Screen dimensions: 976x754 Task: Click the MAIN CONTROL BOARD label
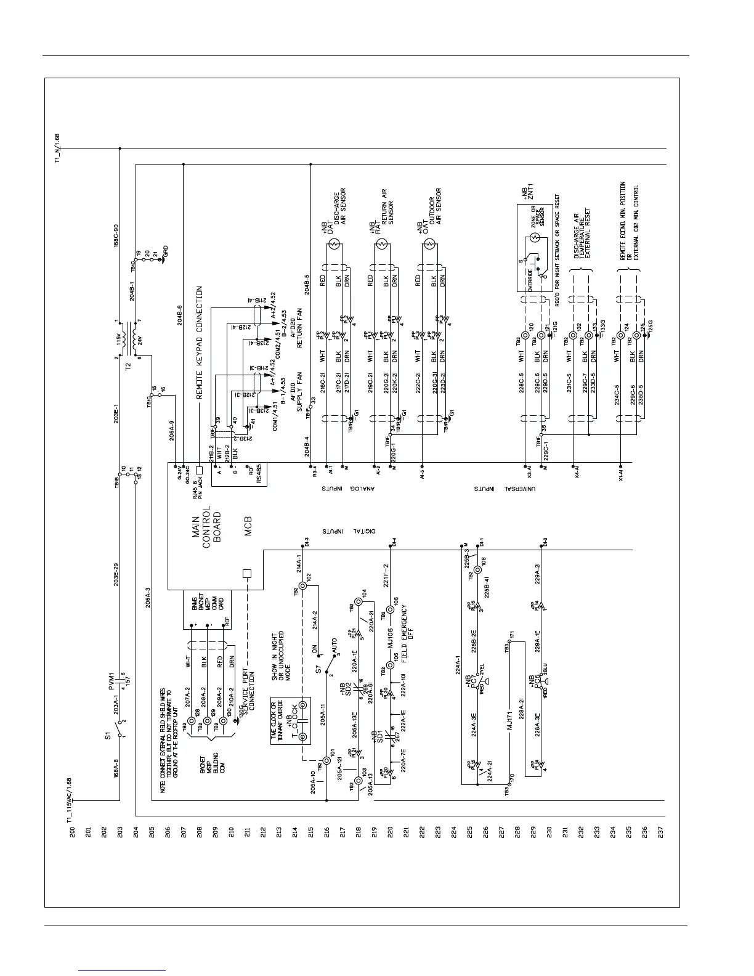(x=211, y=524)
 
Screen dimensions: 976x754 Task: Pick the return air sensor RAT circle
(x=382, y=245)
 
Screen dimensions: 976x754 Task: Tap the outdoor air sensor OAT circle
(x=429, y=245)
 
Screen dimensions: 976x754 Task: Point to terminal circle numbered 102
(x=302, y=586)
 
